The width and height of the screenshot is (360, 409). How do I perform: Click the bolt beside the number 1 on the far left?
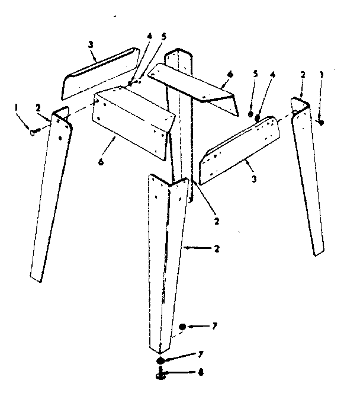coord(34,132)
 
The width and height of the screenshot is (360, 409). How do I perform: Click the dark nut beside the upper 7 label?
coord(182,327)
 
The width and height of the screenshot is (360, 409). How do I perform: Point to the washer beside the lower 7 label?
coord(160,362)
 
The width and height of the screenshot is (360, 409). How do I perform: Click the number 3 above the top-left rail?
coord(91,45)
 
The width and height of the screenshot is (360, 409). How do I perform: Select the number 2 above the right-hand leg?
coord(303,76)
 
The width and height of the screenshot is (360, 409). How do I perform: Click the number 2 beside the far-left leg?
coord(37,108)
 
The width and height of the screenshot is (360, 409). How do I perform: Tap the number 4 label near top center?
coord(149,36)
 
